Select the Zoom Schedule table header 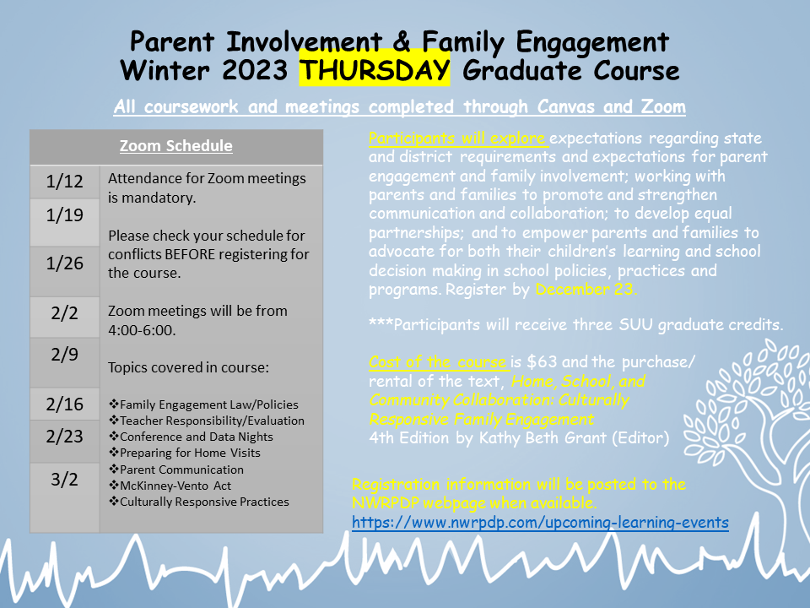[175, 146]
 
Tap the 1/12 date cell [65, 182]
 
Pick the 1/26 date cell [65, 263]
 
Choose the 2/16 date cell [65, 404]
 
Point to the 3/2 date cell [65, 480]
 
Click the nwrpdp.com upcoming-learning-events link [540, 523]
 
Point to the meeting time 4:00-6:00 [142, 330]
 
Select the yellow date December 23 [586, 290]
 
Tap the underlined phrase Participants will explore [458, 138]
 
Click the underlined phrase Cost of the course [438, 362]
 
